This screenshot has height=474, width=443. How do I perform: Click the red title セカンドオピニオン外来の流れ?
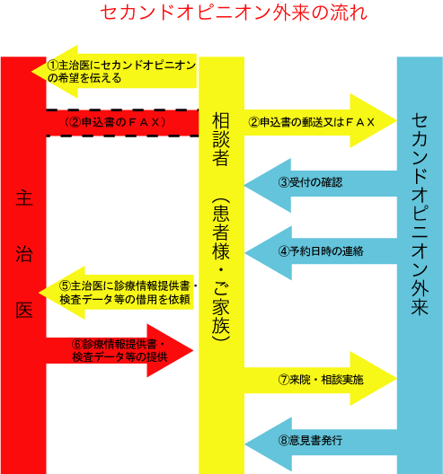234,13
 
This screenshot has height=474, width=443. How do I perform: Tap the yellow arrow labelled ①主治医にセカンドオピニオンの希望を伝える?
114,72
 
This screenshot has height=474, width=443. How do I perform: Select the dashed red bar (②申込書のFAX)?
122,123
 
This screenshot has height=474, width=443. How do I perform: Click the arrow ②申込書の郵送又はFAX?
321,120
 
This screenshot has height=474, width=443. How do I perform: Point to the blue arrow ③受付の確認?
321,185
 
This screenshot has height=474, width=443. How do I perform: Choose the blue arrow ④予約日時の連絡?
321,253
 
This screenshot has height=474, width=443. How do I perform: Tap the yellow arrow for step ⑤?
116,293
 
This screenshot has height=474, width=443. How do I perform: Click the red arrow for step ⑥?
120,351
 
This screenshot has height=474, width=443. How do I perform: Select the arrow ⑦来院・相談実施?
321,379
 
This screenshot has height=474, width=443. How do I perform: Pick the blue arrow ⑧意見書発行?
321,443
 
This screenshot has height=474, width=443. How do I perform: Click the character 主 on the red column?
24,198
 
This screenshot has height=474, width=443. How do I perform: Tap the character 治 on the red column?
24,254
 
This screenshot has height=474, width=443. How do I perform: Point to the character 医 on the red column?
24,310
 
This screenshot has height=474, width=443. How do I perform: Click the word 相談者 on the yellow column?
221,139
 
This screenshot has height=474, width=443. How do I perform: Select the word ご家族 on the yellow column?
221,308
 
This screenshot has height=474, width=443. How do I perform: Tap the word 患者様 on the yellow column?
221,233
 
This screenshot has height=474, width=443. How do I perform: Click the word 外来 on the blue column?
420,296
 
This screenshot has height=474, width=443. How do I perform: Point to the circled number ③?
284,182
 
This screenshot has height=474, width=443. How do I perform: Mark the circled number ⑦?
284,380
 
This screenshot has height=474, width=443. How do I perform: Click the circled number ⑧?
284,441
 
